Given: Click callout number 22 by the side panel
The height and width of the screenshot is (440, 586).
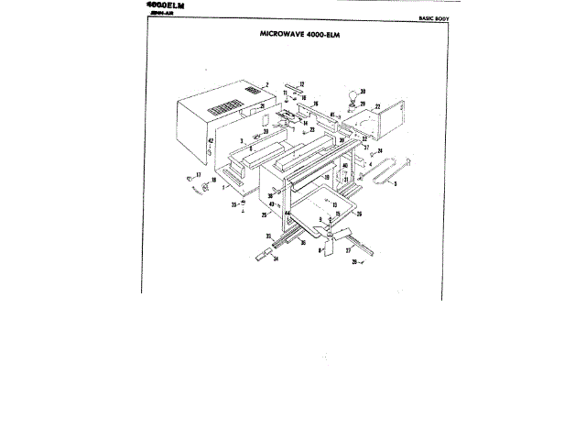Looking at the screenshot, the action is click(377, 107).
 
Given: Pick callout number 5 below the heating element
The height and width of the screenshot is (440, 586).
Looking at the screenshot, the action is click(395, 184).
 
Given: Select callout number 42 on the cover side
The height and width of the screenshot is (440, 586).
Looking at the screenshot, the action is click(210, 141).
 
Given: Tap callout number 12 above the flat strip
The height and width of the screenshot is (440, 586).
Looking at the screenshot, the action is click(300, 84).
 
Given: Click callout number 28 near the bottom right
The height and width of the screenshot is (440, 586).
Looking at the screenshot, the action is click(353, 262).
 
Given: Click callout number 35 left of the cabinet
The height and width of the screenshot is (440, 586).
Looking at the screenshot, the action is click(233, 204).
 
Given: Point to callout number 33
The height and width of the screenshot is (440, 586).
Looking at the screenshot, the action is click(269, 236).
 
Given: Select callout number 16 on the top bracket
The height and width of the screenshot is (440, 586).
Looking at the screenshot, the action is click(316, 104).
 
